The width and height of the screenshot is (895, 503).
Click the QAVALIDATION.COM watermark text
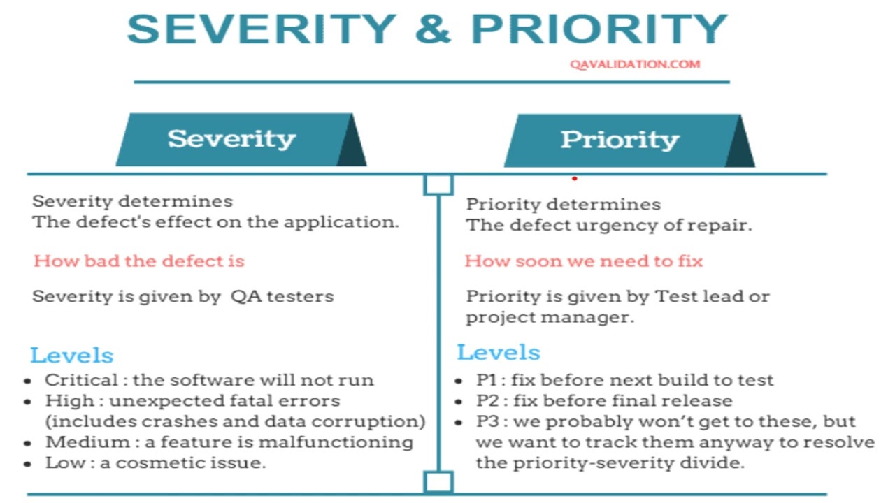pos(634,64)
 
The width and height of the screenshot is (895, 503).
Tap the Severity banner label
pos(231,138)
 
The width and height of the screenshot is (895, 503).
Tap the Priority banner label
pos(620,140)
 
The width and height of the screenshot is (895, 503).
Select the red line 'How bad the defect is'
pos(139,261)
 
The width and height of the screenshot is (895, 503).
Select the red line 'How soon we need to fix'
pos(583,261)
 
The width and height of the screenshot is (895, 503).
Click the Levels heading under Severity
pos(71,355)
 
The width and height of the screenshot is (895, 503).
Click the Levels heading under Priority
pos(499,352)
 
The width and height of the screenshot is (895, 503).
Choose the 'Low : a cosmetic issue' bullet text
pos(155,462)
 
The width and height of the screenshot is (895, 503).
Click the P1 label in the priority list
pos(486,381)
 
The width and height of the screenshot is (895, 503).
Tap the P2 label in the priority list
pos(487,401)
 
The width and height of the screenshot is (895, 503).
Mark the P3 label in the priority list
pos(487,422)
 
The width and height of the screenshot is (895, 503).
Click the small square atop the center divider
pos(438,184)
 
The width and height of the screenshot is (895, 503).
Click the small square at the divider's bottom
pos(438,482)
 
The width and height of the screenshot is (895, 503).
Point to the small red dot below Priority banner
pos(574,178)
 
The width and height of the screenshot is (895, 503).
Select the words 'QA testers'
pos(282,296)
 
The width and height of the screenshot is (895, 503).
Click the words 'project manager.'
pos(550,317)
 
